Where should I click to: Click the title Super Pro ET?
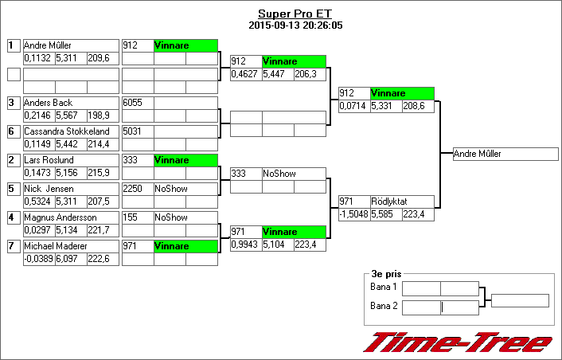tap(295, 14)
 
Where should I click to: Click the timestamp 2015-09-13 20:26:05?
tap(295, 25)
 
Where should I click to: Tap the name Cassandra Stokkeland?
tap(66, 131)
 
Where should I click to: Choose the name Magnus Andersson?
tap(60, 217)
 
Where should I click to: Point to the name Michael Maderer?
tap(55, 246)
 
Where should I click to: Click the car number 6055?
tap(132, 103)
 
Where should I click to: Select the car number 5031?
tap(132, 131)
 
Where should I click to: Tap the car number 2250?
tap(132, 189)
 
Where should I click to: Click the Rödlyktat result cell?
tap(401, 202)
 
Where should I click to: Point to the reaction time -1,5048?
tap(353, 213)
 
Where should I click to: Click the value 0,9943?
tap(245, 244)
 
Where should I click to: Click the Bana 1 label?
tap(384, 287)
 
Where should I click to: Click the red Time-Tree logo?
tap(457, 342)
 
